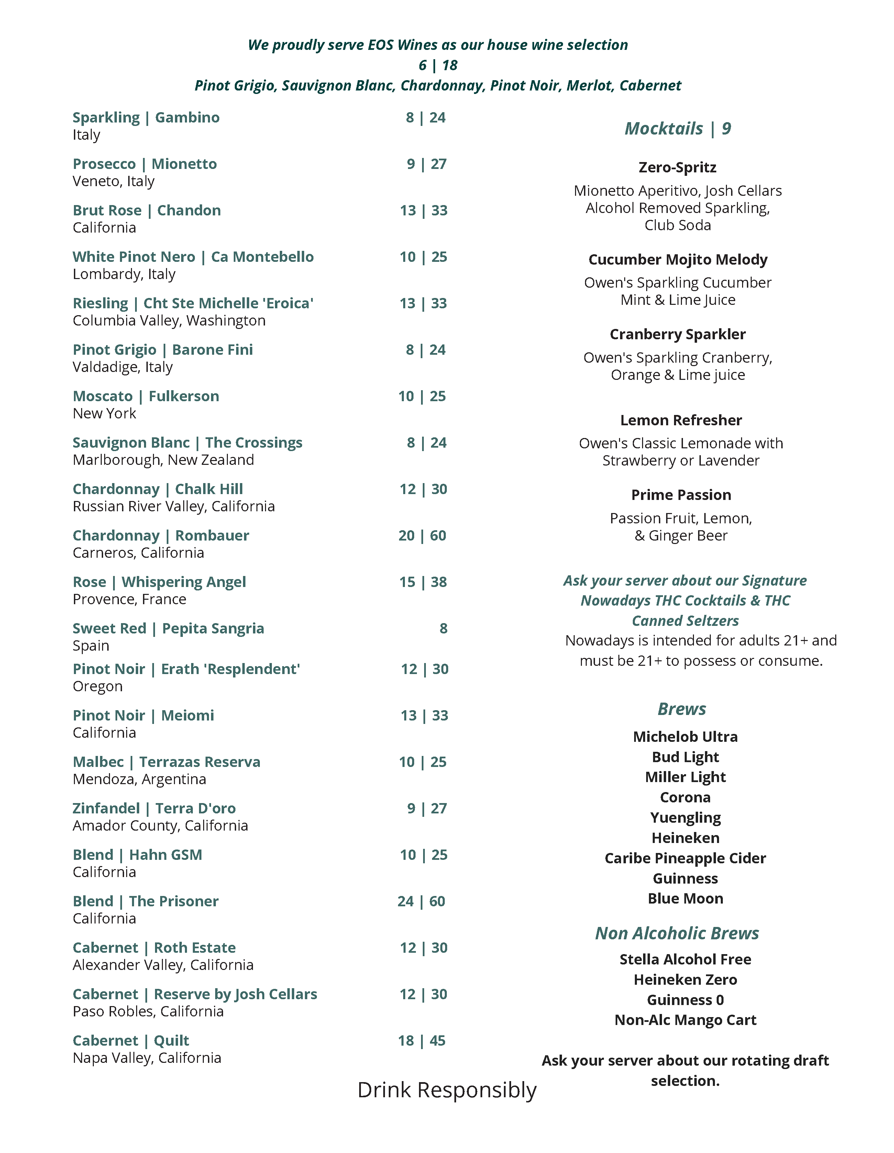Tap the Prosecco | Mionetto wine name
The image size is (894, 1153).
pos(144,164)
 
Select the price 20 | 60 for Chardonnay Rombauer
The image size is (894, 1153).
pos(422,535)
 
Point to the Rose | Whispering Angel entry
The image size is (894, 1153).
pos(159,582)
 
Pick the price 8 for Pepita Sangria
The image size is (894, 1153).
pos(443,628)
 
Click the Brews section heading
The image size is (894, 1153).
pos(682,709)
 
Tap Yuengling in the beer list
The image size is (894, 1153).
pos(685,818)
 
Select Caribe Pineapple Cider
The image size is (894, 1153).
pos(685,858)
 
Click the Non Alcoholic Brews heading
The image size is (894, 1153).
pos(677,933)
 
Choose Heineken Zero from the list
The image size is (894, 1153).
pos(685,980)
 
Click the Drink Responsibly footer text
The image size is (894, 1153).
pos(447,1090)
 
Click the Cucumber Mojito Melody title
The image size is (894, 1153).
pos(678,260)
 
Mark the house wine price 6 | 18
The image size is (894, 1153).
pos(438,65)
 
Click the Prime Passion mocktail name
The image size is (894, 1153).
pos(681,495)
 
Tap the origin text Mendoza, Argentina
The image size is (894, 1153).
pos(139,779)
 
